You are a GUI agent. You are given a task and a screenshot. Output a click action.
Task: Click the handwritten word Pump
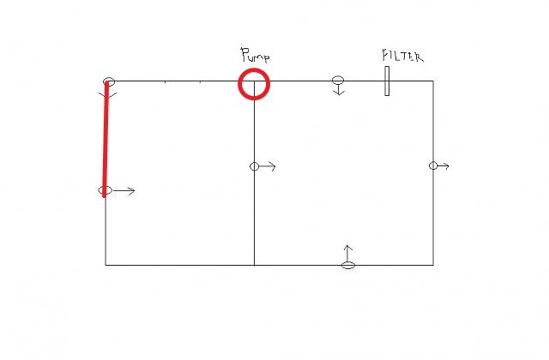tap(256, 56)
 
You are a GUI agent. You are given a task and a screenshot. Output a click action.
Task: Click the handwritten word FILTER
tap(402, 56)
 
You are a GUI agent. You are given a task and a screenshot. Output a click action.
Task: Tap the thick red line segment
tap(106, 139)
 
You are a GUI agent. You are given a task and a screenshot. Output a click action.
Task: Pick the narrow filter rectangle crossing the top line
tap(387, 81)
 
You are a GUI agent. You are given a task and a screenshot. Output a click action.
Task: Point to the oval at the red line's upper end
tap(109, 82)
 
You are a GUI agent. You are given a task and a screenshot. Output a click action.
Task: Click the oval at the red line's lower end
tap(106, 190)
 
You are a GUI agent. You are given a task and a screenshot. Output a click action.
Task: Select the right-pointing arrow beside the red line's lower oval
tap(124, 190)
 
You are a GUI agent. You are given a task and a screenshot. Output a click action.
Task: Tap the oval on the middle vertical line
tap(255, 166)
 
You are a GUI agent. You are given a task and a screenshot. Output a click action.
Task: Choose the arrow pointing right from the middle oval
tap(268, 166)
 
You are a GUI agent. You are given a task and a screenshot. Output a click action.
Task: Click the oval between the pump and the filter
tap(338, 81)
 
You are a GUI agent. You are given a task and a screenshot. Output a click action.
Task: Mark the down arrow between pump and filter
tap(339, 90)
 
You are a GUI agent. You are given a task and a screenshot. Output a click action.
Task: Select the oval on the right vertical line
tap(433, 165)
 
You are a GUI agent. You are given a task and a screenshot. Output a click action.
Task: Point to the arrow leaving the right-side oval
tap(443, 165)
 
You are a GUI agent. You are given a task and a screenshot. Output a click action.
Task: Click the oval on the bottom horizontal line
tap(348, 265)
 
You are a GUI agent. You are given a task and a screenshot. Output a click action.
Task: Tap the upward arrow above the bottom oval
tap(347, 254)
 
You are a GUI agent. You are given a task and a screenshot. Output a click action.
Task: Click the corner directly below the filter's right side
tap(433, 265)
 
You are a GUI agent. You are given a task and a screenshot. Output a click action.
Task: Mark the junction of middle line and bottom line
tap(254, 265)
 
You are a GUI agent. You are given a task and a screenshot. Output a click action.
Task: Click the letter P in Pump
tap(244, 55)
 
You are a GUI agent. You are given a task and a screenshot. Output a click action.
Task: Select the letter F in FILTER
tap(385, 56)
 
